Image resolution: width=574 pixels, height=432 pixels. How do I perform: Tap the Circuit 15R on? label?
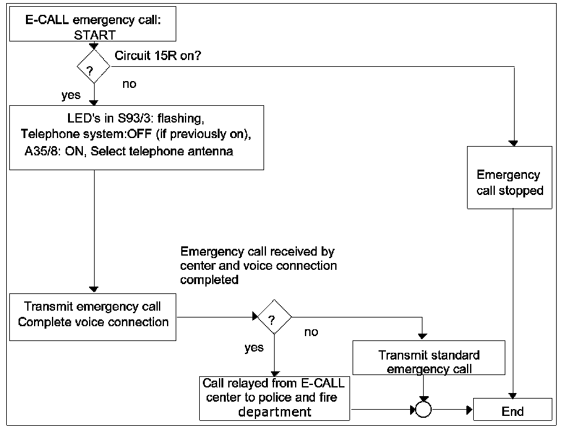tap(158, 56)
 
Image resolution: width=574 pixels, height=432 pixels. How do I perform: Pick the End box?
tap(512, 411)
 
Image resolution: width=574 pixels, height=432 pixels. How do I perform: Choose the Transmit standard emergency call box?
tap(429, 362)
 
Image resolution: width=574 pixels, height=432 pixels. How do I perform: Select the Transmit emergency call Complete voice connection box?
tap(93, 314)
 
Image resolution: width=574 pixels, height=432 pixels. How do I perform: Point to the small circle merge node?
tap(422, 409)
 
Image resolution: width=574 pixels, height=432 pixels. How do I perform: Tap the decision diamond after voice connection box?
tap(273, 318)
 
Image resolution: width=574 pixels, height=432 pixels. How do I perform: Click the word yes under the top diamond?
tap(71, 96)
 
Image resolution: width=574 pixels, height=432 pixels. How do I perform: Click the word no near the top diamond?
tap(129, 84)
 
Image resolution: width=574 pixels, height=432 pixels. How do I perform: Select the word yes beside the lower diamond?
tap(254, 348)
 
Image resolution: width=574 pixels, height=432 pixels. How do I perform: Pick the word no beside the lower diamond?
tap(311, 332)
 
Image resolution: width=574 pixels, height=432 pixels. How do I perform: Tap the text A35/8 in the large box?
tap(40, 150)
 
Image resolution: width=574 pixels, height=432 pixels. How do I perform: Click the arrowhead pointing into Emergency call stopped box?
tap(513, 143)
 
